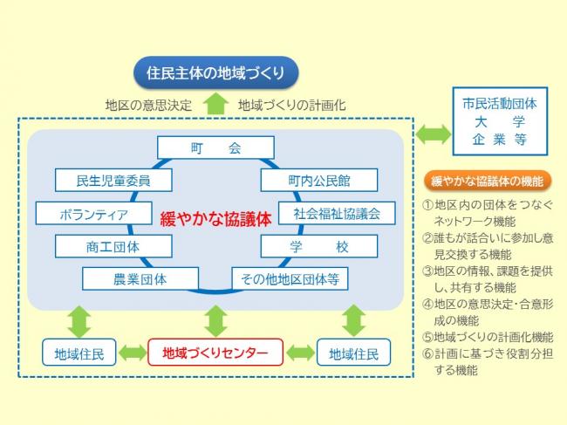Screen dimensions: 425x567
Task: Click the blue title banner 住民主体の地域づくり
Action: coord(215,72)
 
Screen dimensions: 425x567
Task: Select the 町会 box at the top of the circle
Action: coord(215,147)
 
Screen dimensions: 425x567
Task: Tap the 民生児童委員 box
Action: coord(113,181)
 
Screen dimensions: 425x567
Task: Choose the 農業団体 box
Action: coord(139,279)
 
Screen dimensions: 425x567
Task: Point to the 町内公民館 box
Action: coord(318,181)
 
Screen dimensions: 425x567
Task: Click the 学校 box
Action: coord(318,246)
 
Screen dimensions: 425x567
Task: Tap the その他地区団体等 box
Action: coord(290,279)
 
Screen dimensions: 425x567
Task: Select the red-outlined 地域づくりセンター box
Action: coord(215,353)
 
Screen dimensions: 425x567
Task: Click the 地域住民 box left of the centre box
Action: coord(79,353)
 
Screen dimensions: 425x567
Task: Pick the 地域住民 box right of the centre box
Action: coord(353,353)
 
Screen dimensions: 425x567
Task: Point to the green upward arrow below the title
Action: coord(215,104)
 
